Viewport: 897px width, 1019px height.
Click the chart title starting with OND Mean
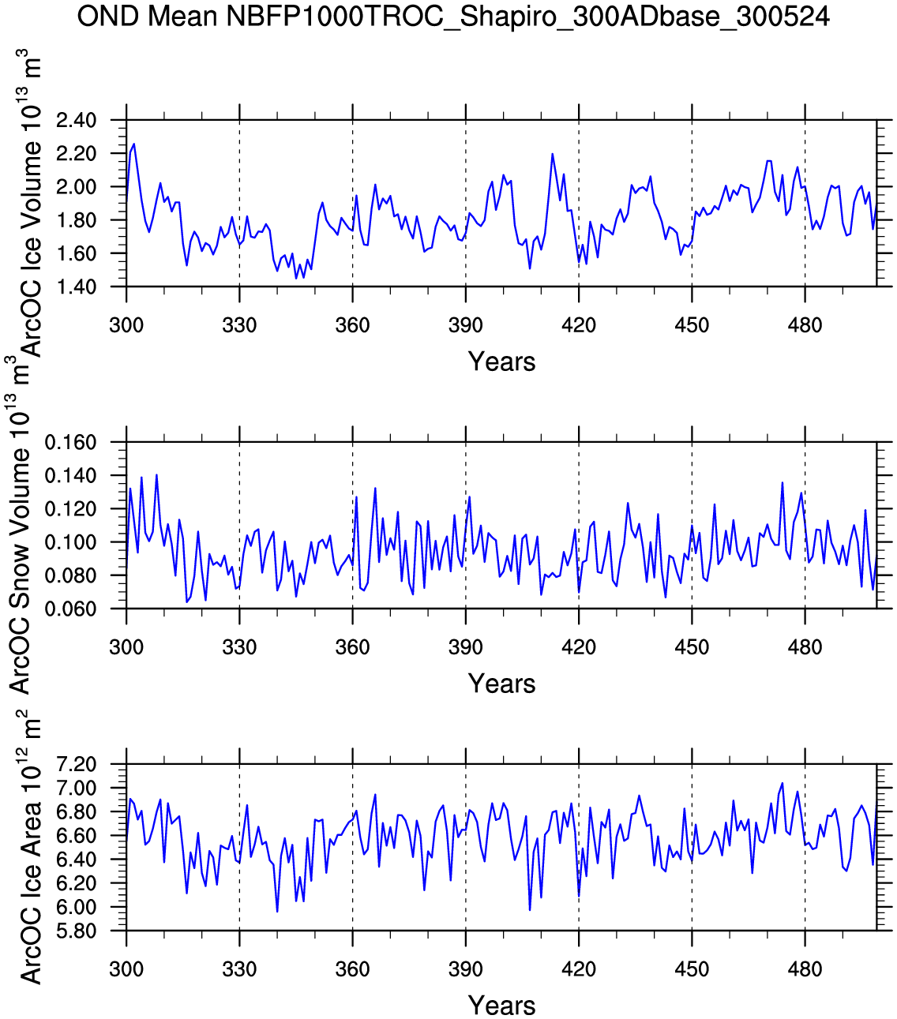pos(453,17)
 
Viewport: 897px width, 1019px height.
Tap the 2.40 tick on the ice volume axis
pos(76,121)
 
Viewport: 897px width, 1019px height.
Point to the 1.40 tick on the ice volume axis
pos(76,287)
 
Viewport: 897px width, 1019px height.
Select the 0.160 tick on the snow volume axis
pos(71,443)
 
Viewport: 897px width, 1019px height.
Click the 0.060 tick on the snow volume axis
pos(71,609)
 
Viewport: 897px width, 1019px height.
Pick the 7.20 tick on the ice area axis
pos(76,765)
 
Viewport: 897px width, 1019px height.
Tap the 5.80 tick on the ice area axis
pos(76,931)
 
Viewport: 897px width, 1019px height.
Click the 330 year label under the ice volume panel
pos(239,325)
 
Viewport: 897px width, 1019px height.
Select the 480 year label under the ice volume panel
pos(805,325)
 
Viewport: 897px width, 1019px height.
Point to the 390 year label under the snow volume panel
pos(465,647)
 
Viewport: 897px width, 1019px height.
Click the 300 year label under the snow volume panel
pos(126,647)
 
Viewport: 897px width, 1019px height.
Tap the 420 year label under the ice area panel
pos(579,969)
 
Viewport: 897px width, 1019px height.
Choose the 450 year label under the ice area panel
pos(692,969)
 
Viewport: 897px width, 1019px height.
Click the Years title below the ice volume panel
pos(501,362)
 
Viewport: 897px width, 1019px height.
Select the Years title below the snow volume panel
pos(501,684)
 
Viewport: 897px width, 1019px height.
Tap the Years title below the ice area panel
pos(501,1006)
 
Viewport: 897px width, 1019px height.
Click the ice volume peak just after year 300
pos(133,144)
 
